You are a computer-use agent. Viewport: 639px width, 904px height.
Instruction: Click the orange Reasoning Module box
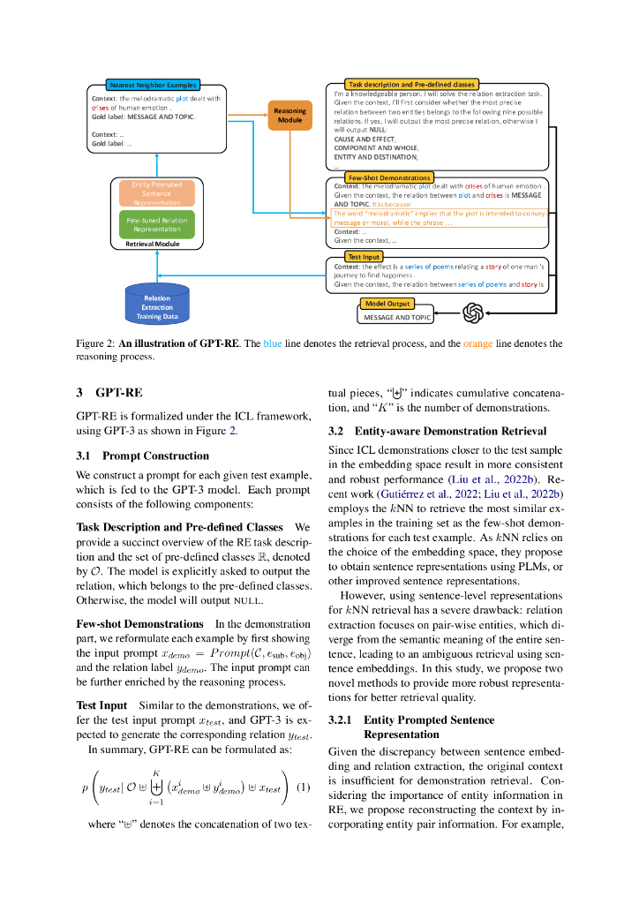coord(289,115)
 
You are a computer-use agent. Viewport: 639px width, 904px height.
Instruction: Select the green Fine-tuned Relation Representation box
coord(156,224)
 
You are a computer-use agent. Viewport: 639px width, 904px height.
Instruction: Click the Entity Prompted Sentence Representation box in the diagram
coord(156,192)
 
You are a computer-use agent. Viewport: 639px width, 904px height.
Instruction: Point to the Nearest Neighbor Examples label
coord(153,85)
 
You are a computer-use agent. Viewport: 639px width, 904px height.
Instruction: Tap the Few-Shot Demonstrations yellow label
coord(377,177)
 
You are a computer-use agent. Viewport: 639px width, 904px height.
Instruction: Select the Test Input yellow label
coord(364,256)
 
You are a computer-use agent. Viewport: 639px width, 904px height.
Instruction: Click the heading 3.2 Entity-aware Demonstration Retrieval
coord(437,432)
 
